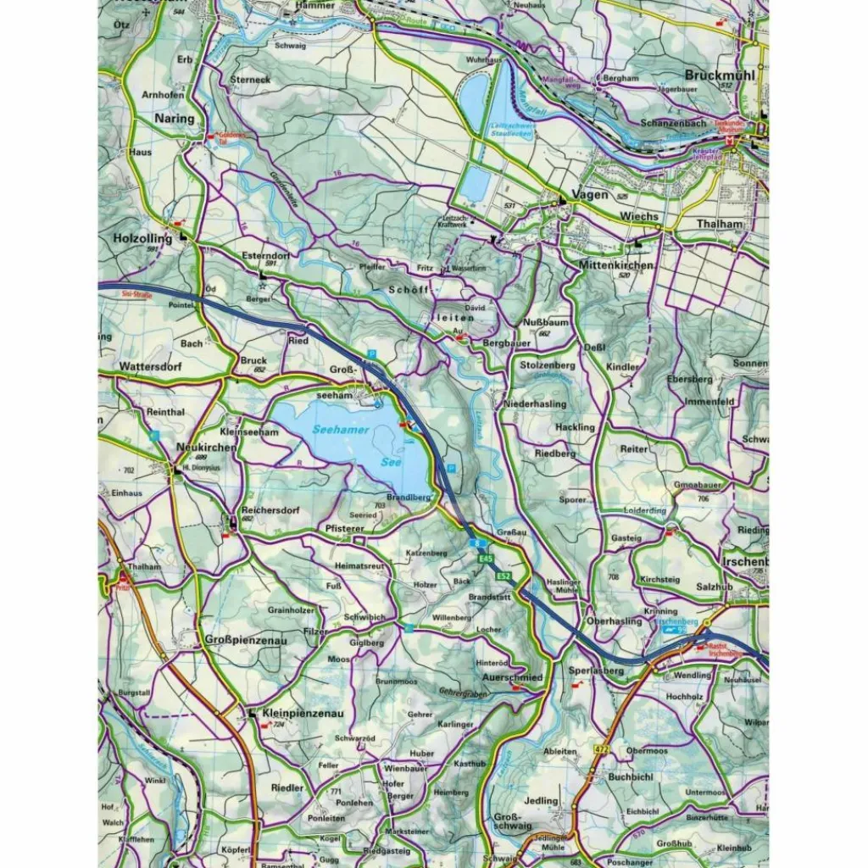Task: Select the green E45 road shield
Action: pos(485,559)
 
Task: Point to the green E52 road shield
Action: pos(504,576)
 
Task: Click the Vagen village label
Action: pos(590,195)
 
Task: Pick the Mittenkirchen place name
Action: pos(615,265)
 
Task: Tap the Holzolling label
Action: pos(142,239)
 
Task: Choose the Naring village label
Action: pos(174,120)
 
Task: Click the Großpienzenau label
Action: pos(246,640)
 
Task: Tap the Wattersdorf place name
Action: pos(151,367)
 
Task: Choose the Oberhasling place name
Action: pos(614,621)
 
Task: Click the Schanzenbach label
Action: pos(674,123)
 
